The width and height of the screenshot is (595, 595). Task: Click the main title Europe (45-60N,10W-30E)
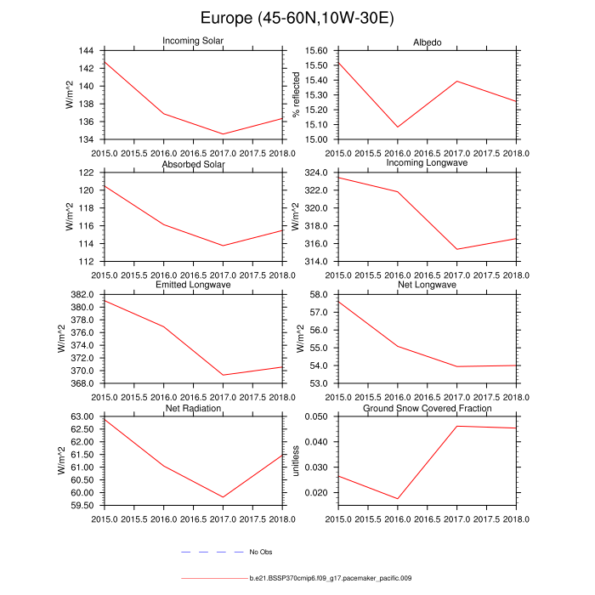297,18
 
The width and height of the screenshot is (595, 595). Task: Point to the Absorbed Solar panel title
193,164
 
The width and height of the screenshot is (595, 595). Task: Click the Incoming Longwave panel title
428,163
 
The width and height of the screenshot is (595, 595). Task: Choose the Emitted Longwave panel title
193,286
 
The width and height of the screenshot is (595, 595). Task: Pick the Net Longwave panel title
428,286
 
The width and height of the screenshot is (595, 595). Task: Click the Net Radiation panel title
193,409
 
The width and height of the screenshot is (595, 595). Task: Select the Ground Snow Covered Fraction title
428,409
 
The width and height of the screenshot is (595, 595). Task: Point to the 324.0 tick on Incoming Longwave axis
315,173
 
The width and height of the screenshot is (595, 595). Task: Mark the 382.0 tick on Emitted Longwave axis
89,295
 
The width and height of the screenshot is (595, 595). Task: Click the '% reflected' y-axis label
296,95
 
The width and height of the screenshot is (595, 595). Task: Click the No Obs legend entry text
260,552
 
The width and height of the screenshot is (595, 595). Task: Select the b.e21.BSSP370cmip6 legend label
331,578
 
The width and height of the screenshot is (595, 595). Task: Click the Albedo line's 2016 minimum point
398,127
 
